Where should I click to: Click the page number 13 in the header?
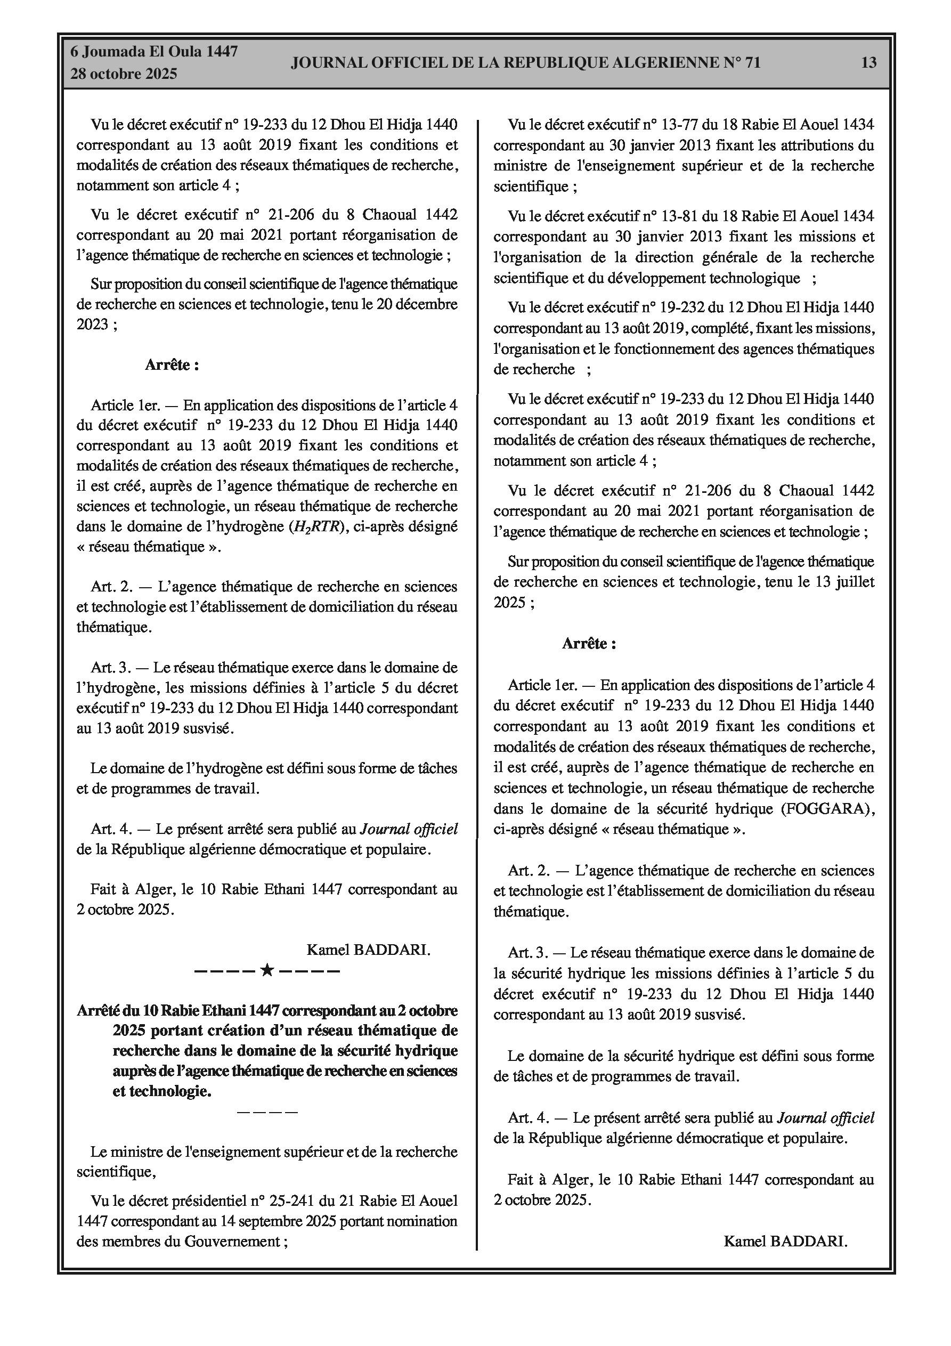click(868, 63)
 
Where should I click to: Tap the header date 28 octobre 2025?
click(124, 75)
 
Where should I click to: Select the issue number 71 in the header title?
click(752, 63)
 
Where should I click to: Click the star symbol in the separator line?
click(267, 970)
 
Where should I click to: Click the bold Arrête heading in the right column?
click(589, 644)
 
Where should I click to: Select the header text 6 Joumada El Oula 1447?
click(154, 52)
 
